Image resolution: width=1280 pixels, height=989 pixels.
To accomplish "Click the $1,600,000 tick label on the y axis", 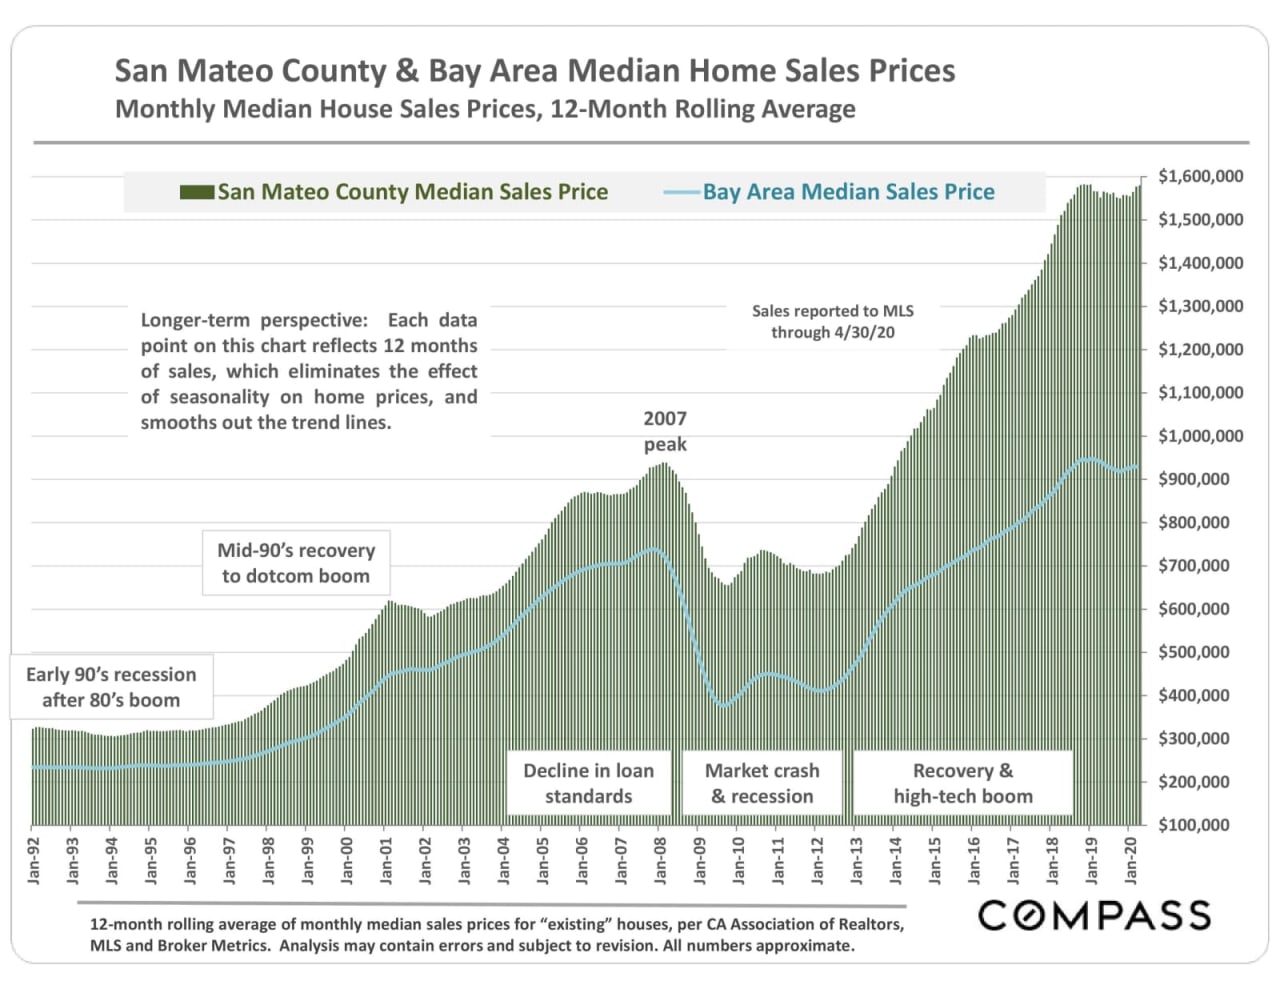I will click(x=1200, y=177).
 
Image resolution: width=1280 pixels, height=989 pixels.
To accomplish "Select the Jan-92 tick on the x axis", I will click(x=34, y=859).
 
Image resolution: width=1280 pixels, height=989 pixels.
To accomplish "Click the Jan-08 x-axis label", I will click(x=661, y=859).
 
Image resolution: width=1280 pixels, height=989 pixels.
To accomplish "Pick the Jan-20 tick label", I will click(x=1131, y=859).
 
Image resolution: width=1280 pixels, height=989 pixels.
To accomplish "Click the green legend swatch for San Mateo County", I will click(x=197, y=192).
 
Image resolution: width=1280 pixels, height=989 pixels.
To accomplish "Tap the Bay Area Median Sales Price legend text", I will click(x=848, y=192).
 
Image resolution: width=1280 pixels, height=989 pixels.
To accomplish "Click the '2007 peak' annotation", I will click(x=665, y=431).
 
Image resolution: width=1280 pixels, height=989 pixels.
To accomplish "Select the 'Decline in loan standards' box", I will click(x=588, y=783).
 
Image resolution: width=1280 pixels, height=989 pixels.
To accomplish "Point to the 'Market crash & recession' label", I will click(x=762, y=783).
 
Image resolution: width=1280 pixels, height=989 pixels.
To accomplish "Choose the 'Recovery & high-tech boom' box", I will click(x=962, y=783).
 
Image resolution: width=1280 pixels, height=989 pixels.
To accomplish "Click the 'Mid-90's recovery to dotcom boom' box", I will click(x=296, y=563).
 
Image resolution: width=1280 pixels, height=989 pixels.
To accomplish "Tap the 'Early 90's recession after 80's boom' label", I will click(x=111, y=687).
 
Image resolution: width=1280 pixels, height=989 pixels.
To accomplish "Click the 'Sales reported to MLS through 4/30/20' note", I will click(x=832, y=321).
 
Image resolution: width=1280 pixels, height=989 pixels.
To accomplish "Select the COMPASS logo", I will click(x=1094, y=915).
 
